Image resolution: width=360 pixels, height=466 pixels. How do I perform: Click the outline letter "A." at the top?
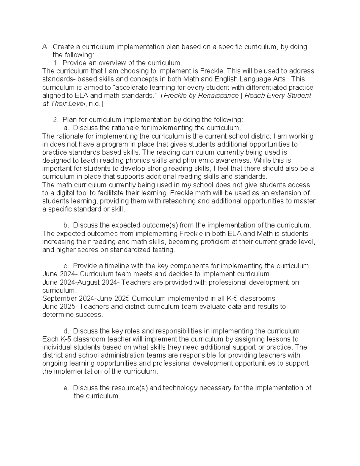tap(45, 47)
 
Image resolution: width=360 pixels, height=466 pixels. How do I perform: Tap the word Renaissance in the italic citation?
tap(217, 96)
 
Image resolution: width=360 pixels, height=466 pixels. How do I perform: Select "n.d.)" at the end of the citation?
tap(96, 104)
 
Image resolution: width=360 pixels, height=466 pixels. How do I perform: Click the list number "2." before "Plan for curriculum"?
tap(55, 120)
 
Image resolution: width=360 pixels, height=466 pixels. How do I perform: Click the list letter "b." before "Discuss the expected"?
tap(66, 225)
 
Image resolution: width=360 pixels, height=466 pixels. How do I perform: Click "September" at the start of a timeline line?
tap(60, 299)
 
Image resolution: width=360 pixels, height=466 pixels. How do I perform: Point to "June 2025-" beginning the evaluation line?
tap(60, 307)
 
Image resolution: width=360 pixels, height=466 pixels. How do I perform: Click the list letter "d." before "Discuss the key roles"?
tap(66, 331)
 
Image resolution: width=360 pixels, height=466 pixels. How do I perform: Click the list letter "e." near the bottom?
tap(66, 388)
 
